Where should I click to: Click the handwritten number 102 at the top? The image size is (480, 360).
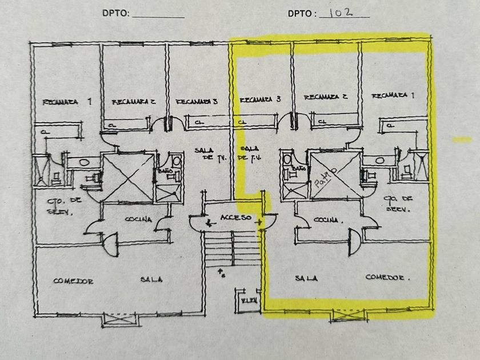(344, 13)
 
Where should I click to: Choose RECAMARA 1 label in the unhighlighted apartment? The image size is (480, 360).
(67, 102)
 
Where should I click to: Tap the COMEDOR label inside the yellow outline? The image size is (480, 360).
(388, 278)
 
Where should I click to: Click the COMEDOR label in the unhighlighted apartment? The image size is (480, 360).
(73, 281)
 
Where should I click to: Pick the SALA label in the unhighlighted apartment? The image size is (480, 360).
(151, 279)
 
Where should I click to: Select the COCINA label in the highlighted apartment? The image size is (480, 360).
(329, 219)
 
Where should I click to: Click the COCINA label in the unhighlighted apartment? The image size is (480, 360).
(138, 219)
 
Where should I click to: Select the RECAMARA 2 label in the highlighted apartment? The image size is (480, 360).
(326, 97)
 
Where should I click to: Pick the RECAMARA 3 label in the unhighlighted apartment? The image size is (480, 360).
(196, 102)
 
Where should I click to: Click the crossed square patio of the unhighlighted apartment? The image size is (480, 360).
(126, 178)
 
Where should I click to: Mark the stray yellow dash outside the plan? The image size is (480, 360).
(462, 139)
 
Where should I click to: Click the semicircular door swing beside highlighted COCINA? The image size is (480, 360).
(354, 240)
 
